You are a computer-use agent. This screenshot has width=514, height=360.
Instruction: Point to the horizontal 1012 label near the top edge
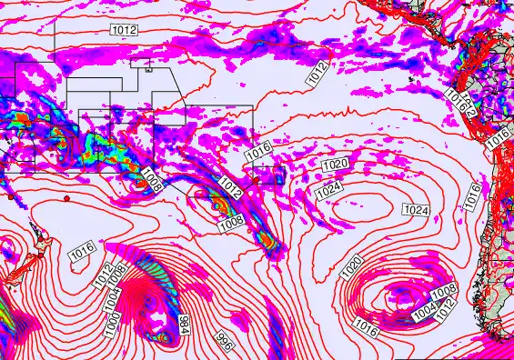125,30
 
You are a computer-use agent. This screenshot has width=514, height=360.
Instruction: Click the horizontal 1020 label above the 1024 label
335,164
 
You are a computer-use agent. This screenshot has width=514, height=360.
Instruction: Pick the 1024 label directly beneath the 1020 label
328,190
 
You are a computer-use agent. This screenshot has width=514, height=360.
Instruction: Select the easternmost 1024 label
415,210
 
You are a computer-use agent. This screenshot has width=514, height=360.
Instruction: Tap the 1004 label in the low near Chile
425,313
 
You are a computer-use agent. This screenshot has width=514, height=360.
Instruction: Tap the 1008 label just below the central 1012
230,221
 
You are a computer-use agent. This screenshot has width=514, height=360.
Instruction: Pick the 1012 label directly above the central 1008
229,192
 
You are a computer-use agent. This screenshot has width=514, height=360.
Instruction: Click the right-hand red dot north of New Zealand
66,198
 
